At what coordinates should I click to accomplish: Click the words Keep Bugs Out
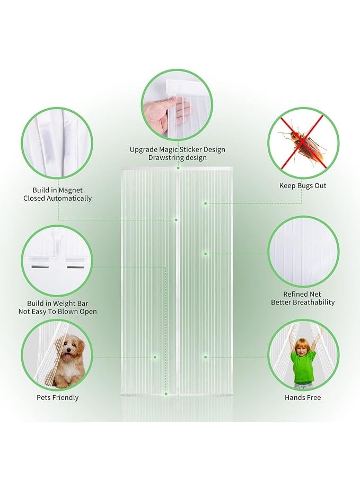pyautogui.click(x=303, y=186)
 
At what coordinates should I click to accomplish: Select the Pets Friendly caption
pyautogui.click(x=57, y=397)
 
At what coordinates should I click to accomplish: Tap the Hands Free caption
pyautogui.click(x=303, y=397)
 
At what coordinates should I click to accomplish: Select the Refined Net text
pyautogui.click(x=302, y=294)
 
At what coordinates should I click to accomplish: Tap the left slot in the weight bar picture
pyautogui.click(x=40, y=267)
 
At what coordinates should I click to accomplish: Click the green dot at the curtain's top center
pyautogui.click(x=178, y=168)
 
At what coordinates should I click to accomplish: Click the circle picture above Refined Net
pyautogui.click(x=303, y=252)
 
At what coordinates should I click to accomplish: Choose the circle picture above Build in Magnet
pyautogui.click(x=57, y=143)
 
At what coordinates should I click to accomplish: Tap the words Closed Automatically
pyautogui.click(x=57, y=199)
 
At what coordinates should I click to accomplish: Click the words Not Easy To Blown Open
pyautogui.click(x=57, y=312)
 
